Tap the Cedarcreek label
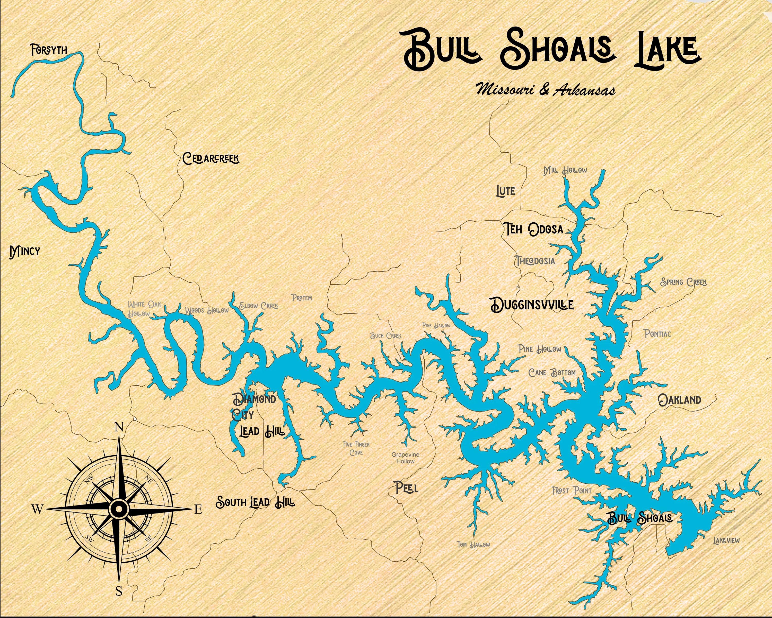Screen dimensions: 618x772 [x=210, y=158]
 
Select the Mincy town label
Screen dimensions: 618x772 [x=25, y=252]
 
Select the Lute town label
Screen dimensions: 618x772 [x=505, y=191]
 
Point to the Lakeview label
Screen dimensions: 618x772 [x=726, y=540]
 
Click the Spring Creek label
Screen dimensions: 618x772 [x=683, y=282]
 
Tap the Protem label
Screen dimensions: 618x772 [x=302, y=298]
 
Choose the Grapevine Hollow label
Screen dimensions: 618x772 [x=405, y=458]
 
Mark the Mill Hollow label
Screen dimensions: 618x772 [x=565, y=170]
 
